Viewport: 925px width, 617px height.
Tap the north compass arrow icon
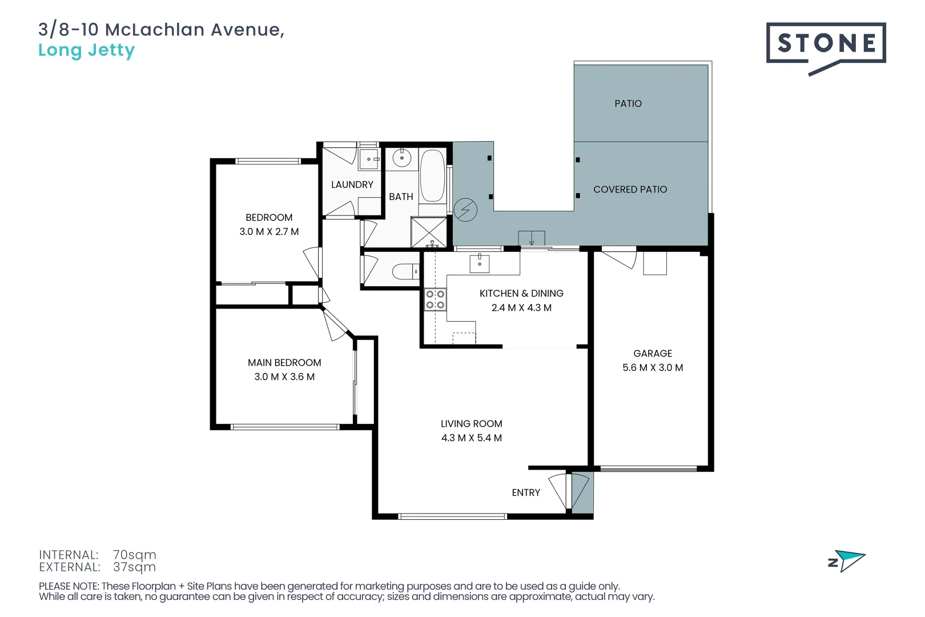click(x=847, y=560)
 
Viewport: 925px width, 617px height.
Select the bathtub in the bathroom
click(x=432, y=176)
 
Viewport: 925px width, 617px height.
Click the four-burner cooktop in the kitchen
click(x=435, y=299)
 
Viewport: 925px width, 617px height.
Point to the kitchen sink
click(x=479, y=263)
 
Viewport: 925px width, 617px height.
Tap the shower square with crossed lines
click(x=429, y=233)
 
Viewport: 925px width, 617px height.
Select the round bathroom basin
click(x=401, y=158)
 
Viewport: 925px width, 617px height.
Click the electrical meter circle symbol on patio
click(x=465, y=210)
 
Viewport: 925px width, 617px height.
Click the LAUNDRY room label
click(x=352, y=185)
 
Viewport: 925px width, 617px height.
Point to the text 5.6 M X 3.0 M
click(x=653, y=367)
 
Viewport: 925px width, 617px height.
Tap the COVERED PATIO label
click(x=630, y=189)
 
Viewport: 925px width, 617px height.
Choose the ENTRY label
click(x=525, y=492)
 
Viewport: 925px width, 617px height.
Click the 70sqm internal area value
click(x=134, y=555)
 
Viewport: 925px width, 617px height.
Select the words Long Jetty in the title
click(x=86, y=50)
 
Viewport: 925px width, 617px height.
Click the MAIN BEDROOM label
click(x=284, y=362)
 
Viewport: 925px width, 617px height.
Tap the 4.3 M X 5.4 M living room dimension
click(x=471, y=438)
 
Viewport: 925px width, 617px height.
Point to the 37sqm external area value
click(x=134, y=567)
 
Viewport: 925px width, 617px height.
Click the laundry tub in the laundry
click(x=369, y=159)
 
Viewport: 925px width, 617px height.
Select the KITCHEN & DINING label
click(x=521, y=293)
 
